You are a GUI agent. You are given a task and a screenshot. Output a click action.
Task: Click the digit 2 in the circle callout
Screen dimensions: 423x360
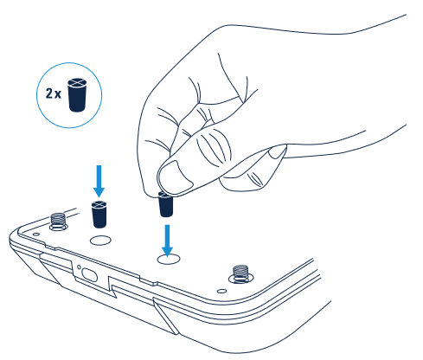pyautogui.click(x=49, y=93)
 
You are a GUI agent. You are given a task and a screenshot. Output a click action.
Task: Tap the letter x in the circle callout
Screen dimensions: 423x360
pyautogui.click(x=58, y=95)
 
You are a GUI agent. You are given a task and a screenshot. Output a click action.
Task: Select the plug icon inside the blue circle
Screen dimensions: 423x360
pyautogui.click(x=77, y=94)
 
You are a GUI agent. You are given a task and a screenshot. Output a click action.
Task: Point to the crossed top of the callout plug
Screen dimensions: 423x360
pyautogui.click(x=77, y=82)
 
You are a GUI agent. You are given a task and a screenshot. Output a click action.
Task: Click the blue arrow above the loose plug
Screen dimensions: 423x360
pyautogui.click(x=99, y=181)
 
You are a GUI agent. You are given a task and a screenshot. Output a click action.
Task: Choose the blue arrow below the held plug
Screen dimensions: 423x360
pyautogui.click(x=167, y=241)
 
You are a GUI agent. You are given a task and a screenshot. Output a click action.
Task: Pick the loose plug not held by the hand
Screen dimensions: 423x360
pyautogui.click(x=99, y=215)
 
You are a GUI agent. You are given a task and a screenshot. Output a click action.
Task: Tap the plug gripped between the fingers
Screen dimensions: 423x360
pyautogui.click(x=165, y=205)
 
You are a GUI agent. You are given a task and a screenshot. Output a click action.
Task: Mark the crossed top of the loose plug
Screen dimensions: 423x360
pyautogui.click(x=99, y=204)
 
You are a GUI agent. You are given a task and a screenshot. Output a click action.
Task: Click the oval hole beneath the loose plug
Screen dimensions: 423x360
pyautogui.click(x=100, y=241)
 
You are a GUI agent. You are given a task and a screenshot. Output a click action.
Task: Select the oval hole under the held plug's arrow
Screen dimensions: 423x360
pyautogui.click(x=169, y=260)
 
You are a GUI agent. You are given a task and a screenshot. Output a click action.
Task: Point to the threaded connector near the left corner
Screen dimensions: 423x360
pyautogui.click(x=59, y=222)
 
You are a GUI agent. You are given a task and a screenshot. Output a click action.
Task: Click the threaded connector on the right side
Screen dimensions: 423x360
pyautogui.click(x=240, y=274)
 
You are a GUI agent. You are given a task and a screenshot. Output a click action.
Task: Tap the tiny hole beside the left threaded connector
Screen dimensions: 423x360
pyautogui.click(x=36, y=235)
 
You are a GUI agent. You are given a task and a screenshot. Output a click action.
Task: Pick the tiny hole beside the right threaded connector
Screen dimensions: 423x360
pyautogui.click(x=221, y=291)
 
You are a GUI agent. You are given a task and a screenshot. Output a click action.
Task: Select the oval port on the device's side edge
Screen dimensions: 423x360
pyautogui.click(x=89, y=274)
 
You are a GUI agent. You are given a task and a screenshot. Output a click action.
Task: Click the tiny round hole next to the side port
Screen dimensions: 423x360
pyautogui.click(x=79, y=267)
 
